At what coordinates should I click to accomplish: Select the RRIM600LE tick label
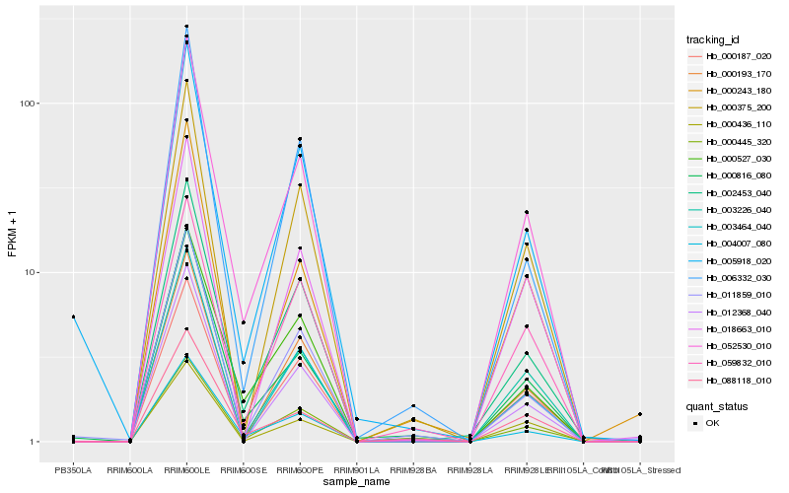pos(186,470)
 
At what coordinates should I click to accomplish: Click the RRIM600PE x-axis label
pos(300,470)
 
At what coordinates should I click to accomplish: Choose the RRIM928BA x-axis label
pos(413,470)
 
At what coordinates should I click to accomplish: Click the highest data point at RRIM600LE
pos(186,27)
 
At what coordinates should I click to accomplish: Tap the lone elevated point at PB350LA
pos(73,317)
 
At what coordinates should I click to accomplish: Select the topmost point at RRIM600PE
pos(300,139)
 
